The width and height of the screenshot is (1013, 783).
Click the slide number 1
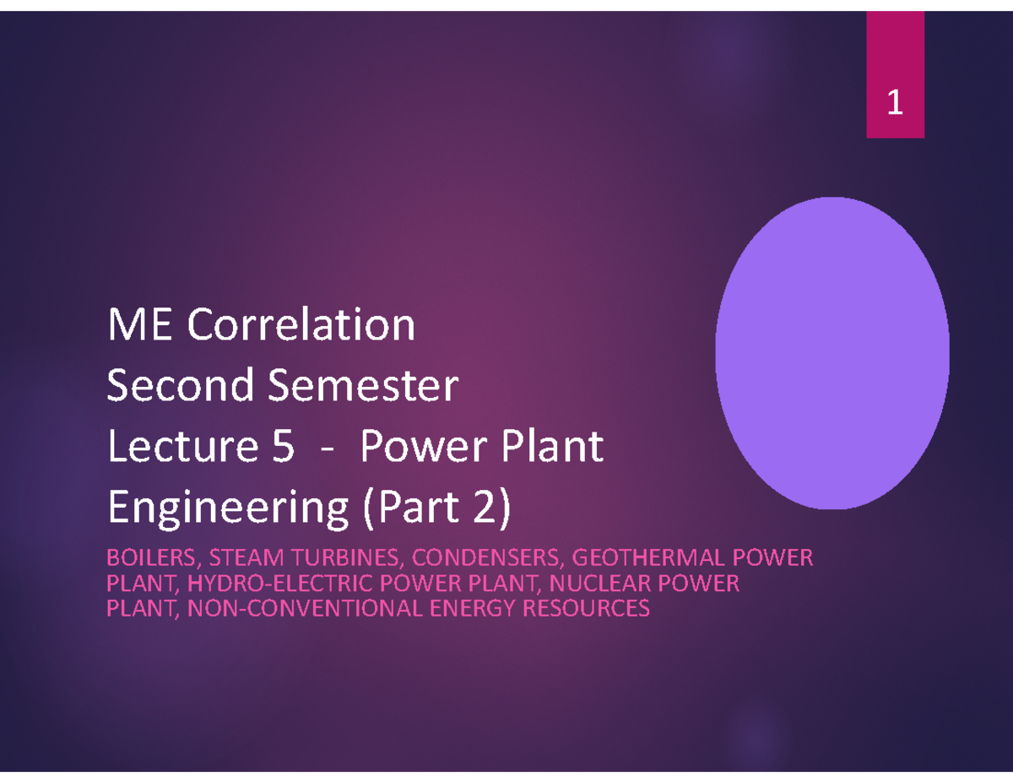tap(895, 101)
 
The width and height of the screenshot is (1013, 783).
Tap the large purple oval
tap(832, 353)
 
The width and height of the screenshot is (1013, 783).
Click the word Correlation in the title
tap(301, 324)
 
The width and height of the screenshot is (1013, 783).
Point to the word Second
tap(181, 384)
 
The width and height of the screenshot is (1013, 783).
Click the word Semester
tap(363, 385)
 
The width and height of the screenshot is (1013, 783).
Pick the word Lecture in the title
tap(183, 445)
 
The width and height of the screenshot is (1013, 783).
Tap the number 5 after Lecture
tap(283, 446)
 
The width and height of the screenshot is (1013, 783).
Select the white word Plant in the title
tap(552, 446)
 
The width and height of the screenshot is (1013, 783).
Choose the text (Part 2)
tap(436, 508)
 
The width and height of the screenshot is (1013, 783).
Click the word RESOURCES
tap(586, 608)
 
